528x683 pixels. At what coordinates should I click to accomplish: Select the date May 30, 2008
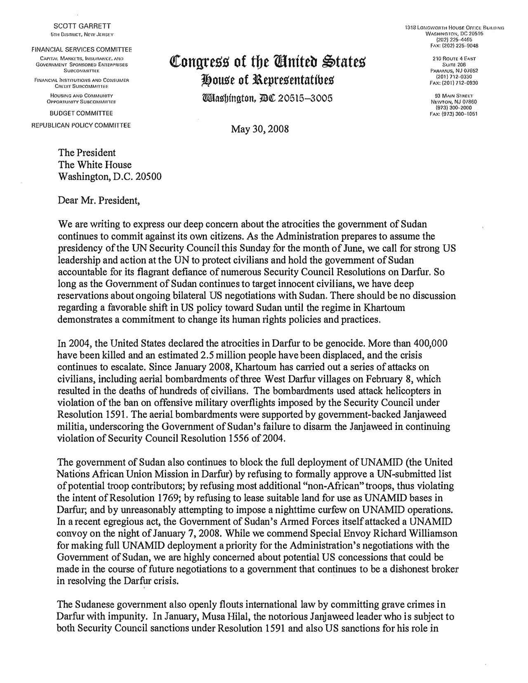pyautogui.click(x=260, y=129)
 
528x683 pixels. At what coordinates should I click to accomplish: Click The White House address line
pyautogui.click(x=95, y=165)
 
